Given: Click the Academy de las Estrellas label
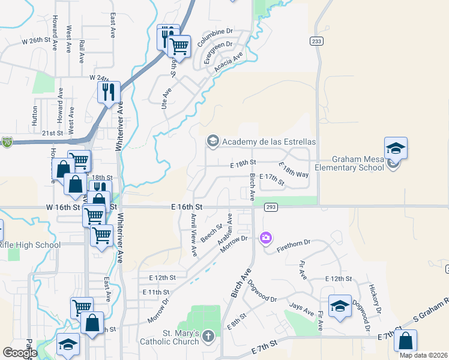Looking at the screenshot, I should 269,142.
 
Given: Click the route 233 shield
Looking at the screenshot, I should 316,41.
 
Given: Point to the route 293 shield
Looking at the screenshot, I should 270,206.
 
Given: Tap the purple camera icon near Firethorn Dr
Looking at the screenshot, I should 265,238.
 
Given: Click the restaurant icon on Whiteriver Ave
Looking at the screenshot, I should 109,92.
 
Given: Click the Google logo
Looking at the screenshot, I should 20,353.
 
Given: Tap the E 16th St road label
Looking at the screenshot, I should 187,206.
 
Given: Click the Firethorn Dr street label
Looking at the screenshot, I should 295,243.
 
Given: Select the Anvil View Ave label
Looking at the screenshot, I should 193,235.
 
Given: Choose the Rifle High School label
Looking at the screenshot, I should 30,245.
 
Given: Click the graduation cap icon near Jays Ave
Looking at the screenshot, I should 339,307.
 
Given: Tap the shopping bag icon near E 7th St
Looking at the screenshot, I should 405,341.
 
